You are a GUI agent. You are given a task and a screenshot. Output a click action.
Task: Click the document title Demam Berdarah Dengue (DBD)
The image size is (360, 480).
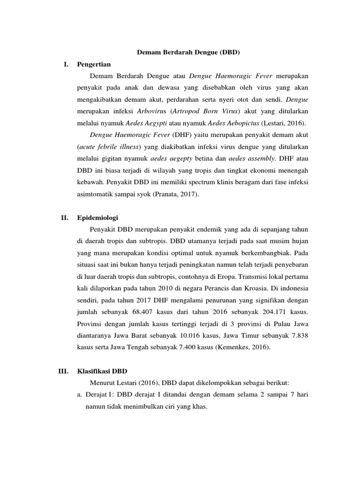188,52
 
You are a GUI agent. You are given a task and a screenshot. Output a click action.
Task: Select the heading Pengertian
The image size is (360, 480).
94,64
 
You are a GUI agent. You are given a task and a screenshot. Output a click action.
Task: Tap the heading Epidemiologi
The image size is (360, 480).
97,217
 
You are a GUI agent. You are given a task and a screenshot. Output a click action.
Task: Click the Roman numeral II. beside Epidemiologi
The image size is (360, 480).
65,217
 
